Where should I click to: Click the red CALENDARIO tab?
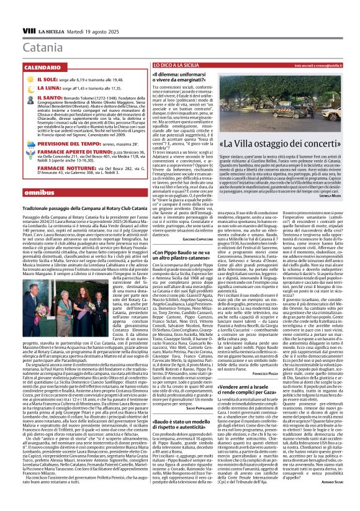(43, 66)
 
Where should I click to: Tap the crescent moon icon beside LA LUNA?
(32, 89)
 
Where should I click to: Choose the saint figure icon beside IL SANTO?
(32, 99)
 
